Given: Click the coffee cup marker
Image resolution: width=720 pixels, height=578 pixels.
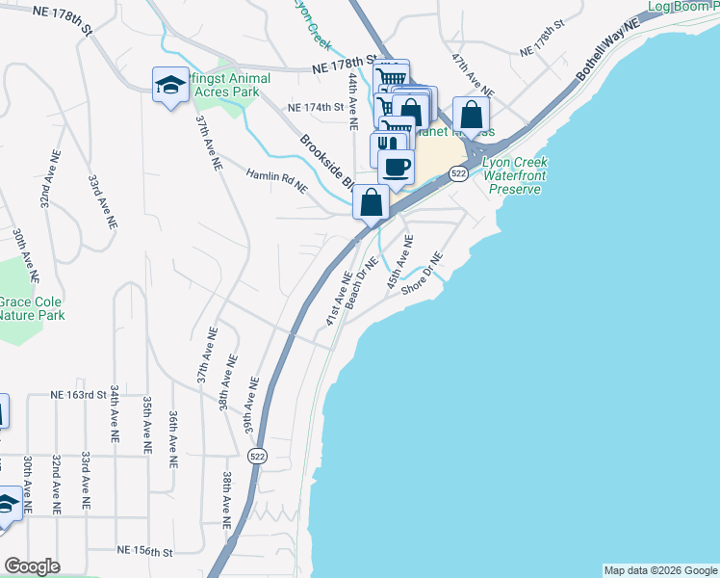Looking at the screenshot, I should tap(396, 168).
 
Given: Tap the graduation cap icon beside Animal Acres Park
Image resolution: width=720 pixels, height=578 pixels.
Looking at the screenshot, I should tap(170, 85).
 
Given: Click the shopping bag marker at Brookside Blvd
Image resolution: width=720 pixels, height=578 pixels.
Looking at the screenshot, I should tap(371, 203).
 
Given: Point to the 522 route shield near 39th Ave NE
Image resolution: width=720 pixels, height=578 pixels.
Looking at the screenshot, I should tap(256, 456).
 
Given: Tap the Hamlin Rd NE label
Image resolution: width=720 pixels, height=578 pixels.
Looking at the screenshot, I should tap(276, 182).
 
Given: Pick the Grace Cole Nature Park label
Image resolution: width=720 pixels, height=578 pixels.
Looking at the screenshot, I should tap(31, 307).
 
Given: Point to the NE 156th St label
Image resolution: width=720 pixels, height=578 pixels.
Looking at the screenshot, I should tap(144, 551).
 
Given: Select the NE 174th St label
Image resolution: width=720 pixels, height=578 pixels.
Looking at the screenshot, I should tap(317, 108).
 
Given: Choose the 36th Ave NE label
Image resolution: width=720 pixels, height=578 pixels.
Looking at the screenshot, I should tap(173, 439).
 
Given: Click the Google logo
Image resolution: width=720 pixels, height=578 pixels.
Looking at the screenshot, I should tap(32, 566).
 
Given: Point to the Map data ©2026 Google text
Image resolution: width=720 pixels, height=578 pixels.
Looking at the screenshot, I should tap(659, 570).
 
